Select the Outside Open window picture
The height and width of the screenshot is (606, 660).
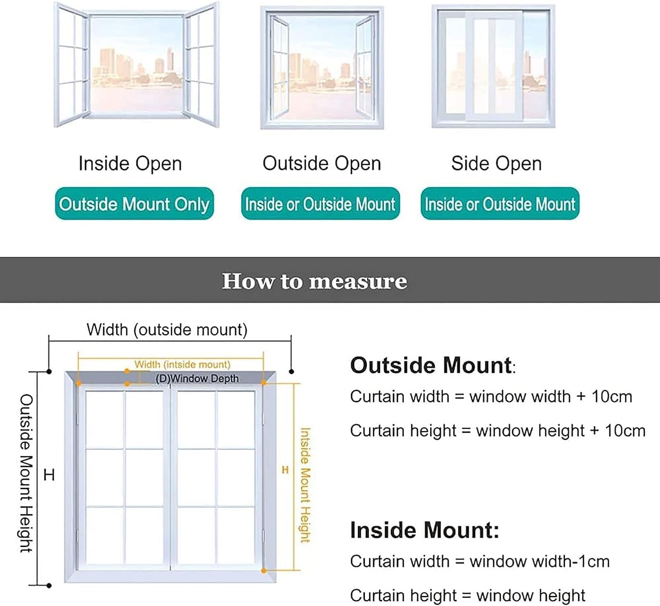pyautogui.click(x=322, y=68)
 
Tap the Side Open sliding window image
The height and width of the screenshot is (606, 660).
pyautogui.click(x=493, y=67)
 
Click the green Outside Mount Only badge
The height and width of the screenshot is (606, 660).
pyautogui.click(x=134, y=204)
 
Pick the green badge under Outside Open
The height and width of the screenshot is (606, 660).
pyautogui.click(x=320, y=204)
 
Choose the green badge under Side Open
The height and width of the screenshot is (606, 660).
pyautogui.click(x=500, y=204)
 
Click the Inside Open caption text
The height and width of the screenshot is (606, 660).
pyautogui.click(x=130, y=164)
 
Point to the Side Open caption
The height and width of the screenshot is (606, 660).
pyautogui.click(x=496, y=164)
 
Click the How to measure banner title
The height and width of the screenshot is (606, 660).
pyautogui.click(x=314, y=281)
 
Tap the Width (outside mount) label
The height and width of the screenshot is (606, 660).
pyautogui.click(x=167, y=330)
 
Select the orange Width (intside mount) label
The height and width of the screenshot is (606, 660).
pyautogui.click(x=182, y=365)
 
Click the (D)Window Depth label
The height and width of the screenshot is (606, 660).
pyautogui.click(x=197, y=379)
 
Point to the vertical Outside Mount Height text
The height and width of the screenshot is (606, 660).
pyautogui.click(x=26, y=473)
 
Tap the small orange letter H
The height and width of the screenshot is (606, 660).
pyautogui.click(x=285, y=470)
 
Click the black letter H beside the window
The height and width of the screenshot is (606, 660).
pyautogui.click(x=49, y=475)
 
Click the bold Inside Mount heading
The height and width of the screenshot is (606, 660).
pyautogui.click(x=425, y=530)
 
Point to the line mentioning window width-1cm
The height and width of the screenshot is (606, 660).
pyautogui.click(x=480, y=562)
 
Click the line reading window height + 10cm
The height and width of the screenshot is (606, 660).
pyautogui.click(x=498, y=431)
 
